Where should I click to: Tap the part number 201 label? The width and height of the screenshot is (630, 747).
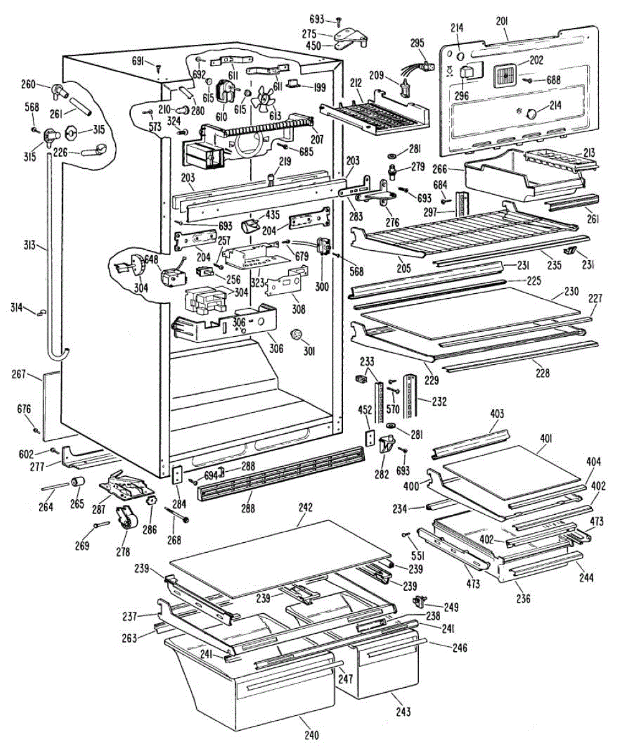coord(502,22)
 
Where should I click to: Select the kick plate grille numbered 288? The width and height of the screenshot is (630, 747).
coord(281,473)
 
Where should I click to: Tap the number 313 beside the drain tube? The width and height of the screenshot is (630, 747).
coord(30,245)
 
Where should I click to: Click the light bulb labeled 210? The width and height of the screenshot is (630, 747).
coord(186,109)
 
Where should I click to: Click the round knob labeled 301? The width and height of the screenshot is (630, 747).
coord(296,334)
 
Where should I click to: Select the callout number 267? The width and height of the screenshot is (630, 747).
coord(19,374)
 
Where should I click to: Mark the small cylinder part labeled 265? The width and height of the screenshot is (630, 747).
coord(78,482)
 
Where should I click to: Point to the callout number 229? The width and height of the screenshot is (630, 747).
coord(431,380)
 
